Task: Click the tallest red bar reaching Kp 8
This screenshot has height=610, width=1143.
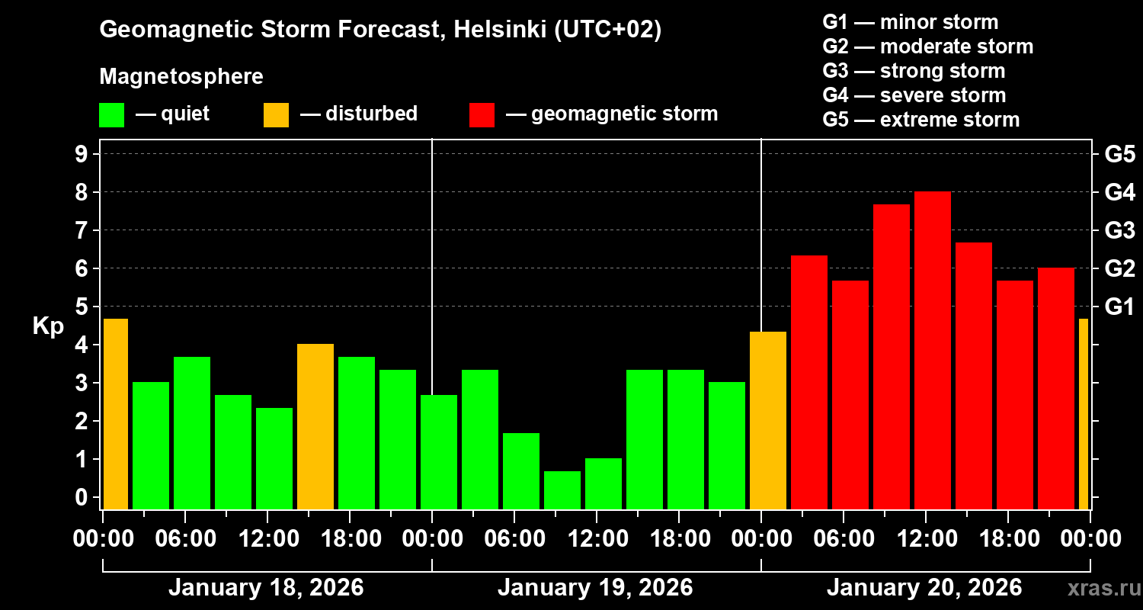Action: tap(932, 351)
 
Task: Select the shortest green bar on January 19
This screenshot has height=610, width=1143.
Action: tap(562, 490)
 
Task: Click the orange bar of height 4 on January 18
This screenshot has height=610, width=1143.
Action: tap(315, 427)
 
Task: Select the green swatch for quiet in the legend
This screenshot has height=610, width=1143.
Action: tap(111, 115)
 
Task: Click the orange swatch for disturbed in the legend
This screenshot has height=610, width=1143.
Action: tap(276, 115)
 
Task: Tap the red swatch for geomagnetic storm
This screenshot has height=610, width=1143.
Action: tap(482, 115)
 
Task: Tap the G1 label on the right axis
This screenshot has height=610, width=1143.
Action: tap(1119, 307)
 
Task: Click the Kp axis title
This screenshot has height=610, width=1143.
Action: tap(48, 326)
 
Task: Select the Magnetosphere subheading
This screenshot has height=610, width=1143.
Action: tap(181, 77)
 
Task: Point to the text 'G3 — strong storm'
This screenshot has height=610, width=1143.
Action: tap(914, 71)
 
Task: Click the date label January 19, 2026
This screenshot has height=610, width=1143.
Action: tap(595, 588)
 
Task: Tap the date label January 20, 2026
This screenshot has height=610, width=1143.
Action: tap(924, 588)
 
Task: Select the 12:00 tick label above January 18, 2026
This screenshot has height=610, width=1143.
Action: tap(268, 539)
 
